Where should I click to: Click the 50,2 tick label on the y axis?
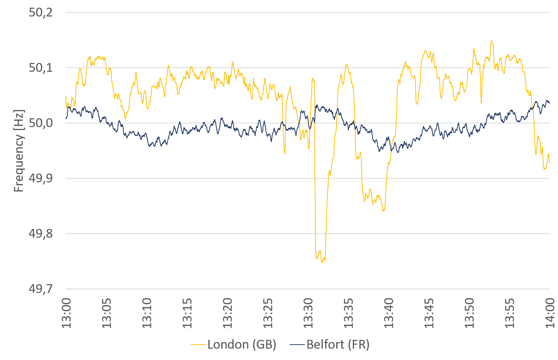coord(41,13)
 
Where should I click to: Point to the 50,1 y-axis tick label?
coord(41,68)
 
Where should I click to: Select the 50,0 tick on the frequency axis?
coord(41,123)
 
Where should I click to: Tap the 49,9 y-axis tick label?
coord(41,178)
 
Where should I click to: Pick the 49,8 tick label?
coord(41,234)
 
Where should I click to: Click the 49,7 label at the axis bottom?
coord(41,289)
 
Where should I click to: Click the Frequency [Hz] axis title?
coord(19,151)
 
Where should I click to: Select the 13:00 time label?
coord(66,313)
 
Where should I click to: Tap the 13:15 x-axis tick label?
coord(187,313)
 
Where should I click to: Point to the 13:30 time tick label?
coord(308,313)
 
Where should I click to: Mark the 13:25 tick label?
coord(268,313)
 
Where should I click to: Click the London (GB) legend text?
coord(242,345)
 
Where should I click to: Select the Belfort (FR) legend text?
coord(338,345)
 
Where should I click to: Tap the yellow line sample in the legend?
coord(198,345)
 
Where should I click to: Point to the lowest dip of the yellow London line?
coord(323,263)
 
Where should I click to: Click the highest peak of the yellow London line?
coord(491,41)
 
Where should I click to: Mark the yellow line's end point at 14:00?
coord(549,163)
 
